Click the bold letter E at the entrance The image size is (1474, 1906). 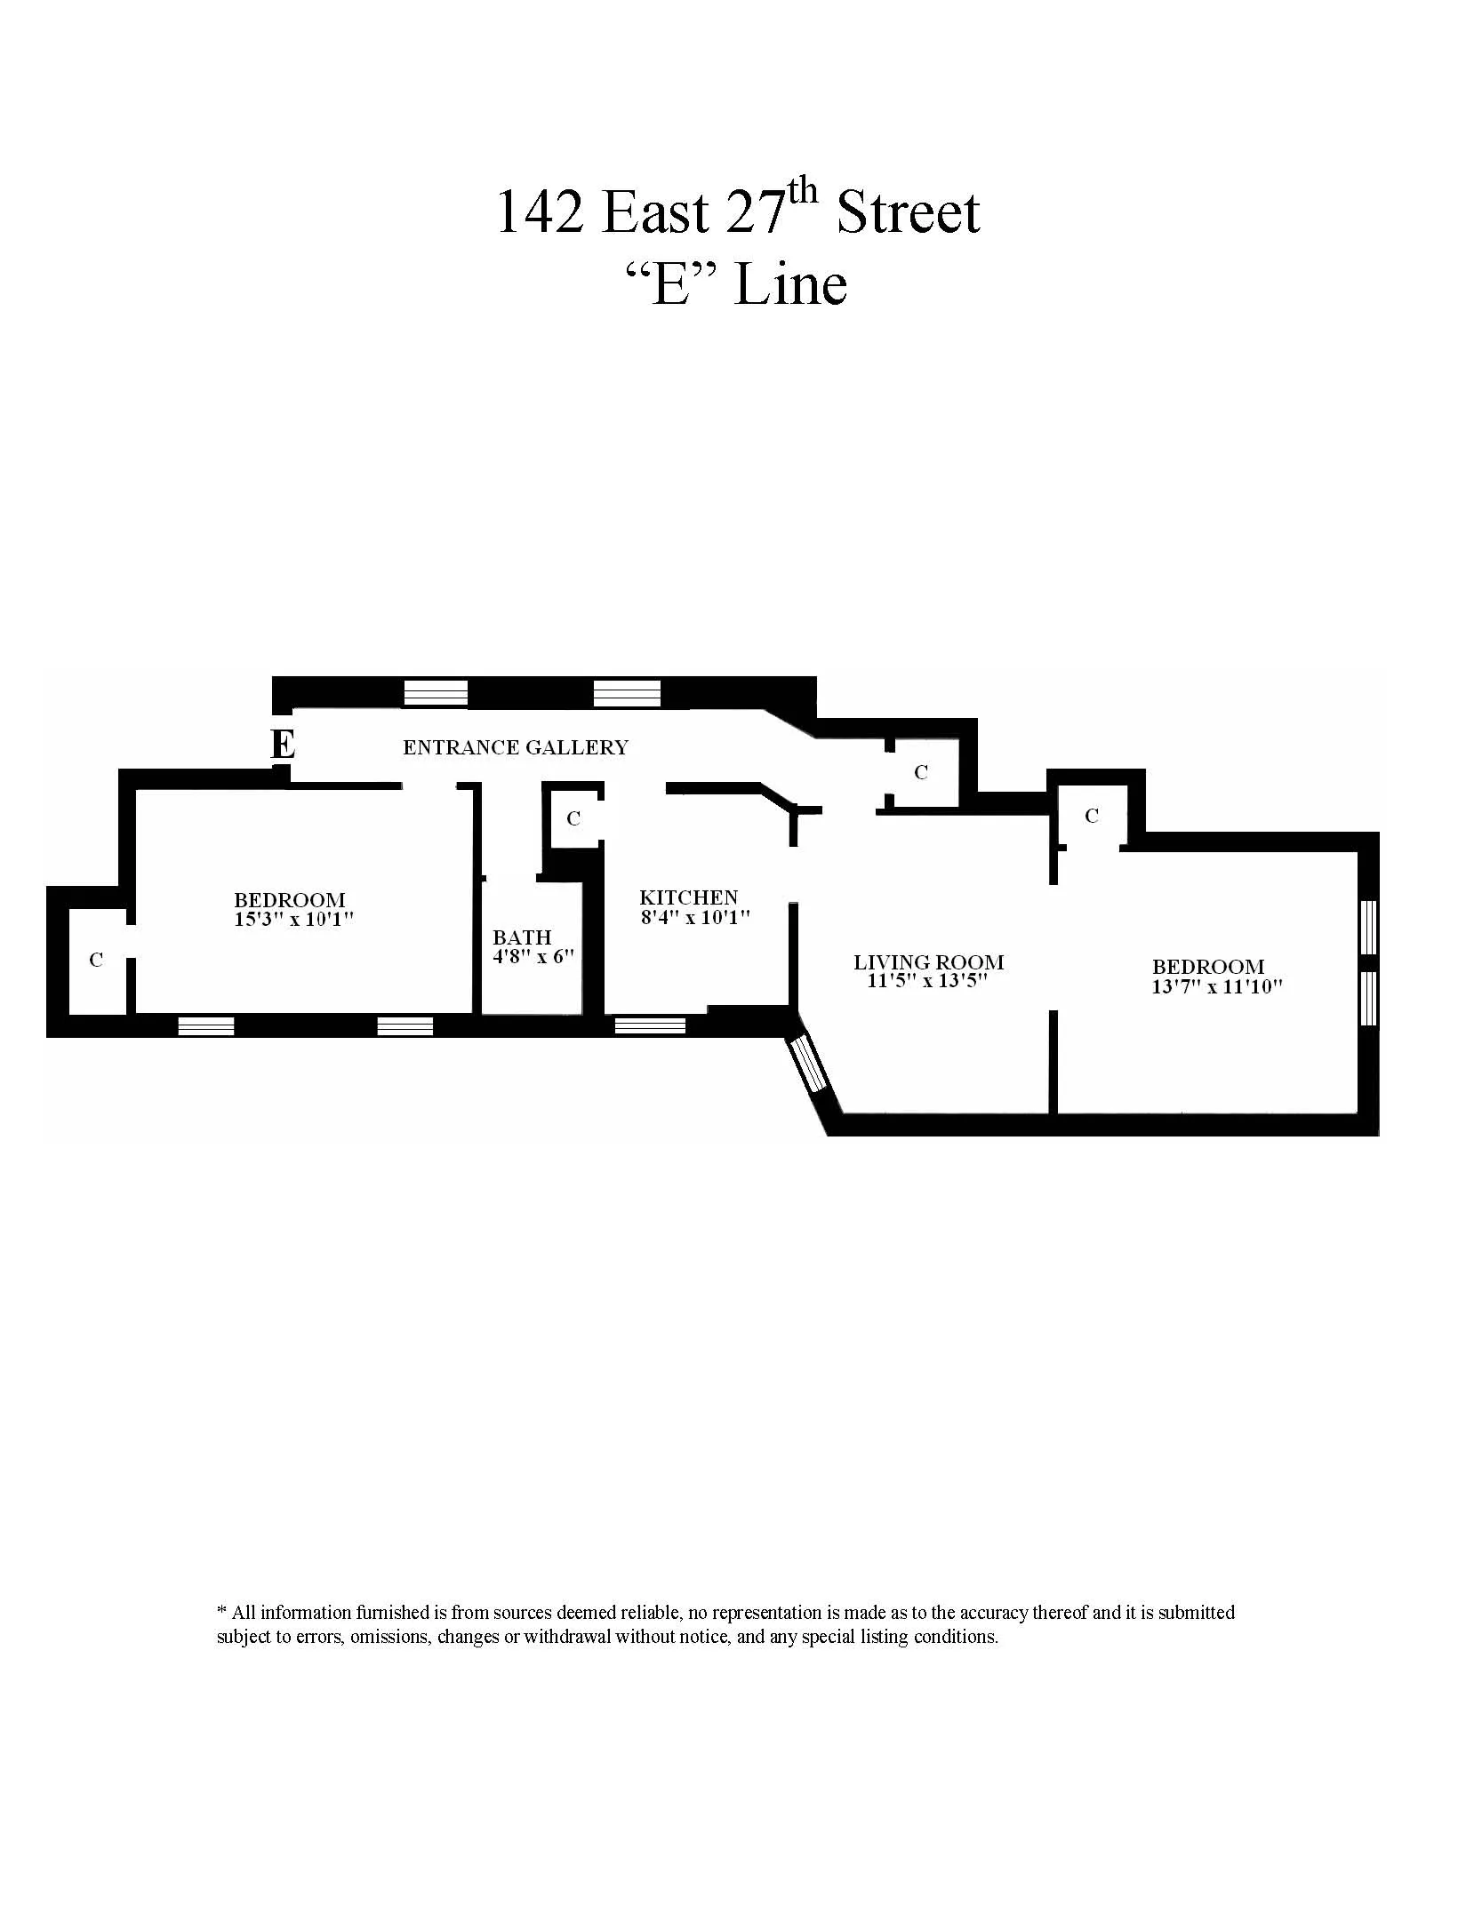pyautogui.click(x=283, y=745)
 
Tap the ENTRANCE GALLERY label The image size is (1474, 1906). pyautogui.click(x=516, y=748)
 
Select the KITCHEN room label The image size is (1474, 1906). pyautogui.click(x=689, y=898)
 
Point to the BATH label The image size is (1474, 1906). pyautogui.click(x=522, y=937)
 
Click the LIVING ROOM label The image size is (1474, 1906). pyautogui.click(x=928, y=962)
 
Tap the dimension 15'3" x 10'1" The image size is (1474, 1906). pyautogui.click(x=294, y=919)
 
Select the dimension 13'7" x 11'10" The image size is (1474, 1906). pyautogui.click(x=1217, y=986)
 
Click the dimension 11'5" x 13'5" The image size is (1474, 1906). pyautogui.click(x=927, y=982)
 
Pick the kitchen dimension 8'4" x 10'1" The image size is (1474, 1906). pyautogui.click(x=696, y=917)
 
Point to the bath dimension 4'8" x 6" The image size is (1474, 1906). pyautogui.click(x=533, y=957)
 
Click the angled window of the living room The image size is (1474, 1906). pyautogui.click(x=810, y=1065)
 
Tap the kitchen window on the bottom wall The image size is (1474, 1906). pyautogui.click(x=650, y=1025)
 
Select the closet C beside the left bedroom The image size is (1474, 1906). pyautogui.click(x=96, y=960)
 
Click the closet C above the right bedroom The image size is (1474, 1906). pyautogui.click(x=1092, y=816)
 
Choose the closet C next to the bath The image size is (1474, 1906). pyautogui.click(x=573, y=818)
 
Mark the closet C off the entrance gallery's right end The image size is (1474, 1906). pyautogui.click(x=921, y=773)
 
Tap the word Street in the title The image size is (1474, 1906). pyautogui.click(x=908, y=213)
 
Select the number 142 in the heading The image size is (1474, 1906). pyautogui.click(x=540, y=213)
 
